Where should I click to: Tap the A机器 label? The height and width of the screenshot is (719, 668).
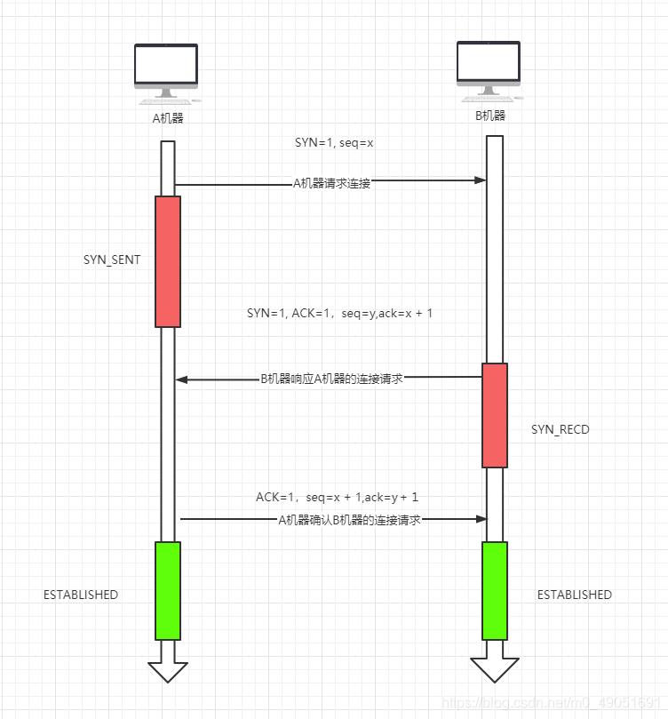[x=168, y=117]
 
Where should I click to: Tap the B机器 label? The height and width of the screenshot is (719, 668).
[x=489, y=116]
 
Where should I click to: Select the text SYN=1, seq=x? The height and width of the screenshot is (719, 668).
[x=334, y=142]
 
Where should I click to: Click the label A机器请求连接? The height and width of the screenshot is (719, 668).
[x=331, y=183]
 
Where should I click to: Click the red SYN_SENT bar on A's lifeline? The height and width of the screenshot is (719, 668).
[x=168, y=261]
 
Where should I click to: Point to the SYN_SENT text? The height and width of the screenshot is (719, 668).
[x=112, y=260]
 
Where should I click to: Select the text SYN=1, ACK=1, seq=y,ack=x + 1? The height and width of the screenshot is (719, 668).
[x=339, y=313]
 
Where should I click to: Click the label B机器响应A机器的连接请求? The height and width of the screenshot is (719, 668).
[x=331, y=379]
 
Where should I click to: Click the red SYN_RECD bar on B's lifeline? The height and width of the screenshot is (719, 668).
[x=495, y=415]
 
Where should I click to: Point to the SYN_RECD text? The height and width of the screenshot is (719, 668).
[x=560, y=430]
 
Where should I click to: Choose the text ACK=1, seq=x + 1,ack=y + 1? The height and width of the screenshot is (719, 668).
[x=337, y=498]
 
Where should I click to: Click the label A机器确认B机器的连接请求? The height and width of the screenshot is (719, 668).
[x=349, y=520]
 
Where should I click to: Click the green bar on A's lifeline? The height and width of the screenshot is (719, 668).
[x=168, y=590]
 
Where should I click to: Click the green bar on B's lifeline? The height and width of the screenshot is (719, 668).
[x=495, y=590]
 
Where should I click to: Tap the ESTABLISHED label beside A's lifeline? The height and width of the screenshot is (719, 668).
[x=81, y=595]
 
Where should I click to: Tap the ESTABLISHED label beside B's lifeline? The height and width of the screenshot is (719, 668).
[x=574, y=595]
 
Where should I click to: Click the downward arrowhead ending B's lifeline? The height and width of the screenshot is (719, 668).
[x=494, y=670]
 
